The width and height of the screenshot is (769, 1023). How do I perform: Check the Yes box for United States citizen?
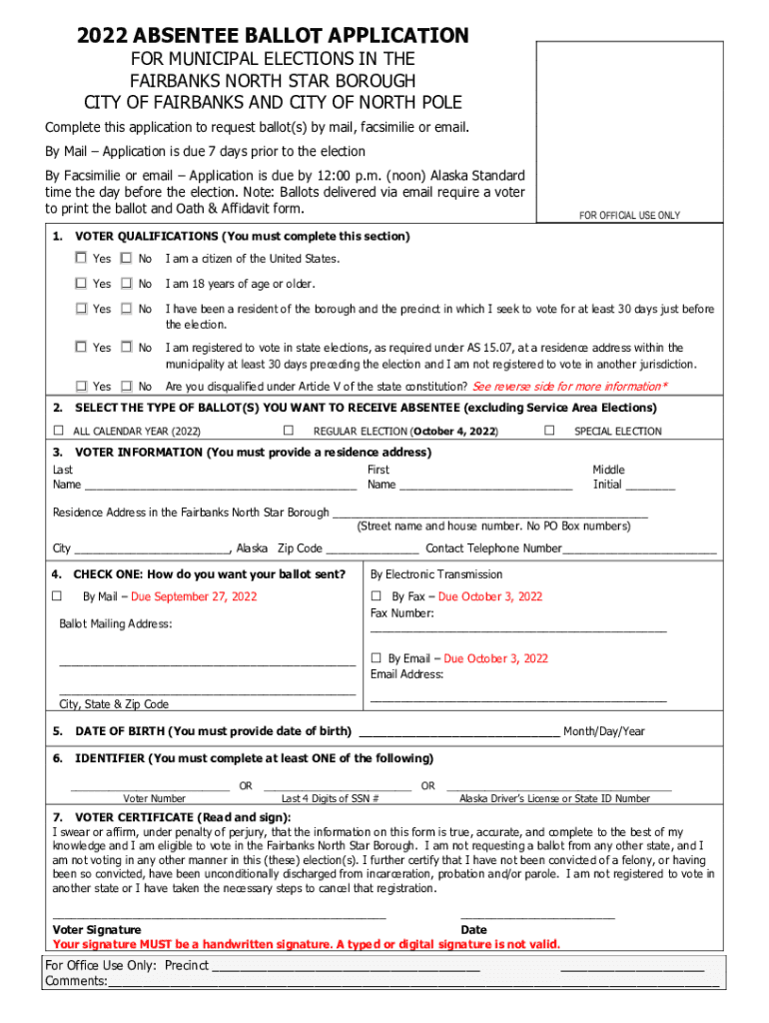coord(80,258)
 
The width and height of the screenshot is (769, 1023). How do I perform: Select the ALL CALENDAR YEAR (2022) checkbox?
coord(58,431)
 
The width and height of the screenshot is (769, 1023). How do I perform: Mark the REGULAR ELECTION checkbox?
coord(288,431)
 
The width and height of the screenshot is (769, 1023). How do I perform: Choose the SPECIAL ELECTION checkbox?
coord(549,431)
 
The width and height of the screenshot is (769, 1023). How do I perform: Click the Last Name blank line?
coord(220,486)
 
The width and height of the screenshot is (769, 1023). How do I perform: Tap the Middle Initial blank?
coord(650,486)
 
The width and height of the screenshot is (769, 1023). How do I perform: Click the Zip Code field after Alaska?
coord(372,549)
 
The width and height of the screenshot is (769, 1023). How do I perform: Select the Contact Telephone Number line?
coord(639,549)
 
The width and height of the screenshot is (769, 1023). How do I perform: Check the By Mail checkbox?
coord(58,596)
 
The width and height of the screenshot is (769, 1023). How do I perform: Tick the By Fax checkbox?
coord(377,596)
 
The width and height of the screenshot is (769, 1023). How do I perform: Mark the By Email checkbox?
coord(377,658)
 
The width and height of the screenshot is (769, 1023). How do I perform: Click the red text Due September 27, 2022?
coord(194,597)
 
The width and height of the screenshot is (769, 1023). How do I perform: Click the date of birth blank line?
coord(459,732)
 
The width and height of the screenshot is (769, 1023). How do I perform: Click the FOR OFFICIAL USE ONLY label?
coord(629,216)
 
